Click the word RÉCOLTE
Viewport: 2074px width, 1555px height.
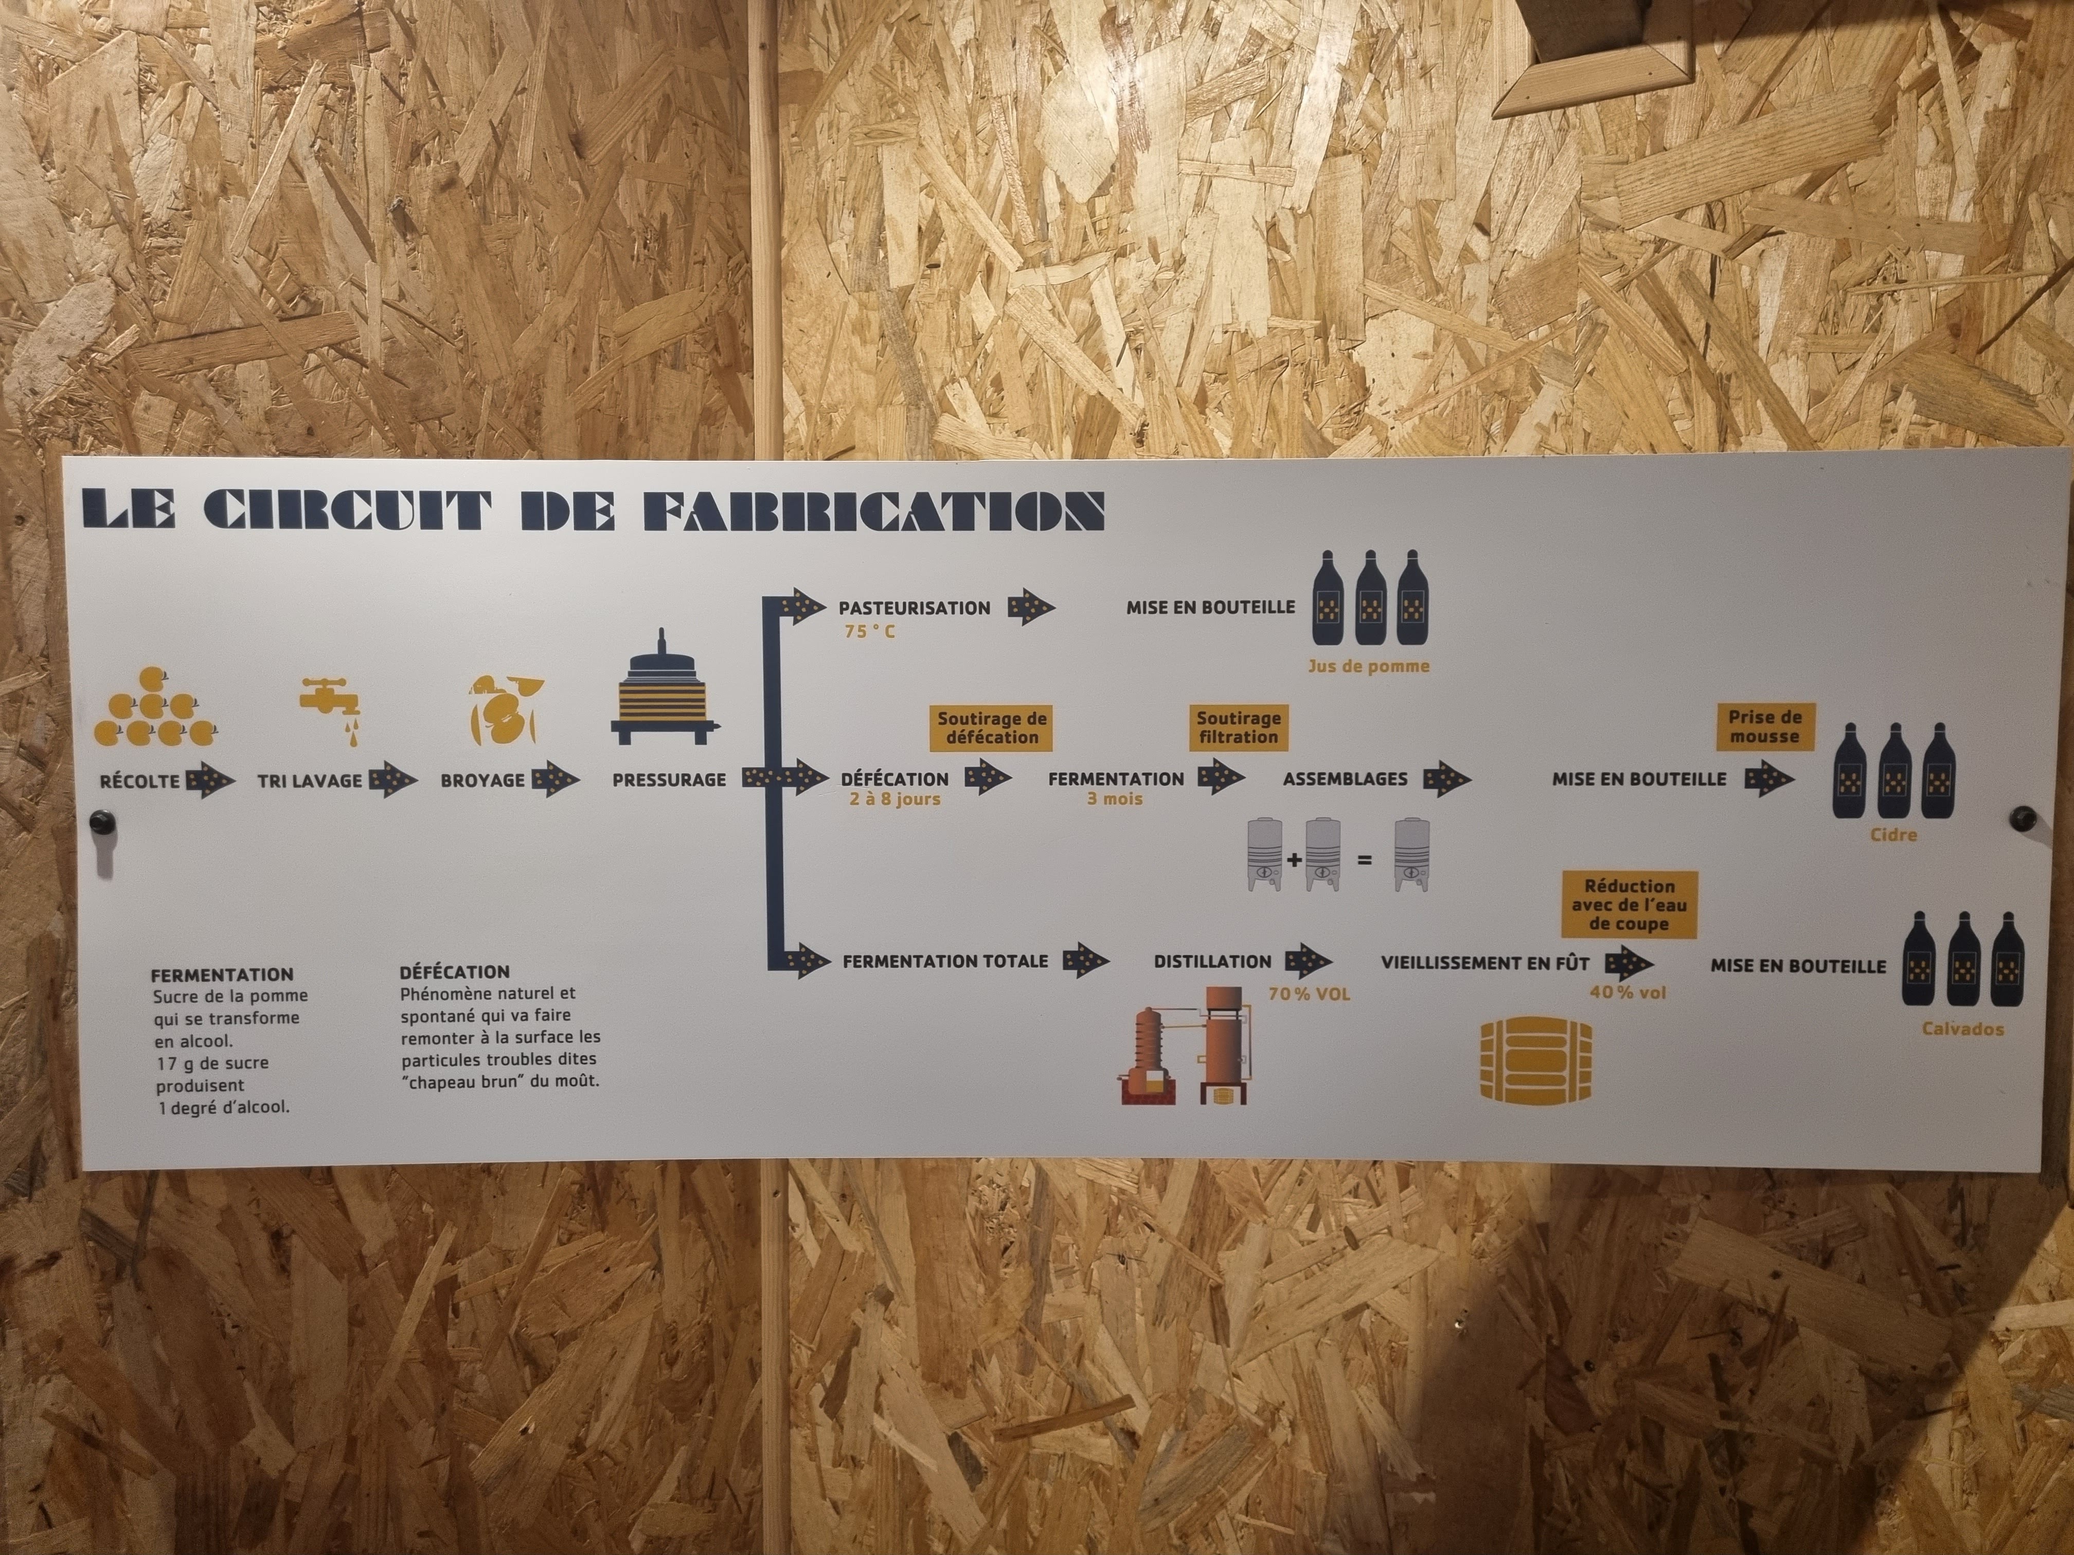click(140, 780)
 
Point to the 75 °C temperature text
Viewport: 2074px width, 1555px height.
click(869, 632)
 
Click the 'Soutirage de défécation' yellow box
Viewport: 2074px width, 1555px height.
click(992, 727)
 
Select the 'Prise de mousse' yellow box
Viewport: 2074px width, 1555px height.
click(1764, 727)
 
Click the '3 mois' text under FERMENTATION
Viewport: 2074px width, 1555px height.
click(1115, 800)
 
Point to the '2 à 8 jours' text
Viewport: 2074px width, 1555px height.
click(895, 800)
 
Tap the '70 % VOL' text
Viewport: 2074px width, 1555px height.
click(1309, 993)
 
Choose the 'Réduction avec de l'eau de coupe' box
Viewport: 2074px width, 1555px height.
click(1630, 905)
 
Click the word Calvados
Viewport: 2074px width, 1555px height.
click(1962, 1029)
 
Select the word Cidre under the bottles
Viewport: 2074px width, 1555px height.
click(1893, 834)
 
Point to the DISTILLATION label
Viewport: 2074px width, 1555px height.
click(1212, 962)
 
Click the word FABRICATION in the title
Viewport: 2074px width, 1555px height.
click(875, 511)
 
